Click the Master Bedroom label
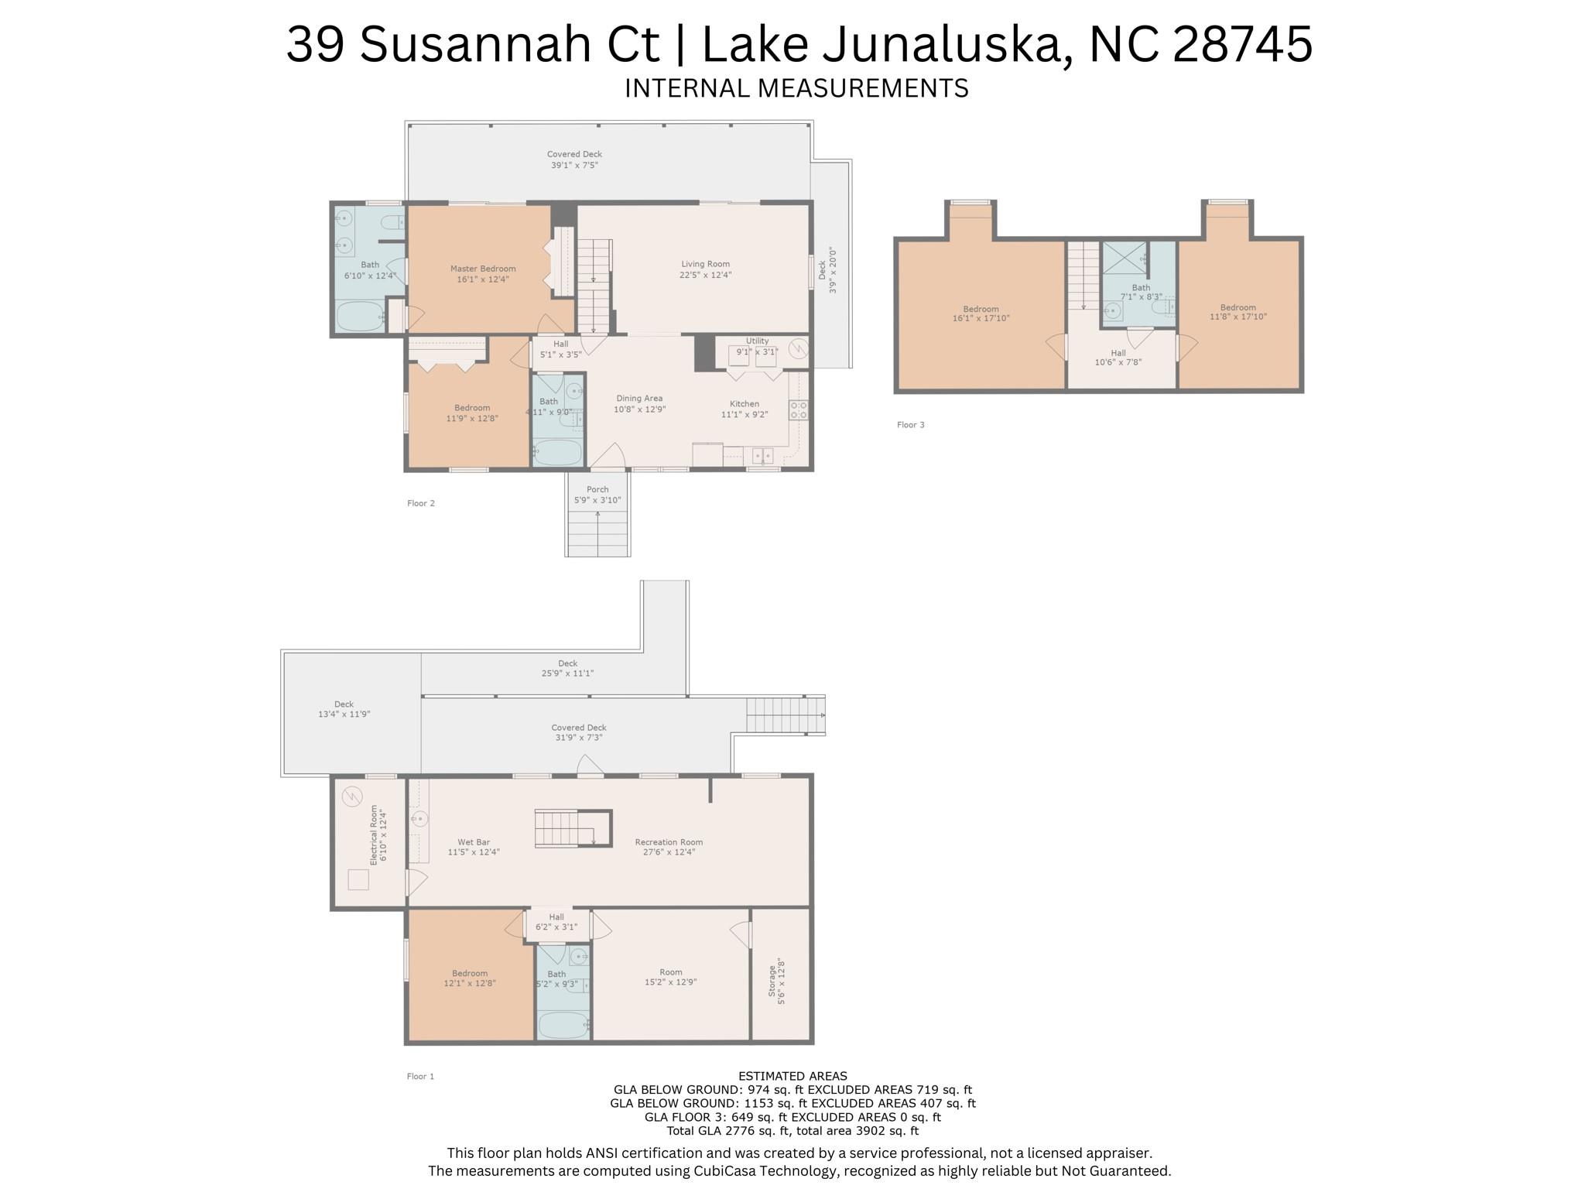pos(483,269)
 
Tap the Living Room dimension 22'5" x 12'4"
pos(705,275)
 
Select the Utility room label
pos(757,341)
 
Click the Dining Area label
pos(639,399)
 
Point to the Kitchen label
pos(744,404)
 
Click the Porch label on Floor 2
pos(597,490)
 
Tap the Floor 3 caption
pos(910,425)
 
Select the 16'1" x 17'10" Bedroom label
pos(981,309)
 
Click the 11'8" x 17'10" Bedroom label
pos(1238,307)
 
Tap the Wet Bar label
pos(474,842)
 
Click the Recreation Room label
pos(669,842)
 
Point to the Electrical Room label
pos(374,835)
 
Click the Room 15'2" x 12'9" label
pos(671,972)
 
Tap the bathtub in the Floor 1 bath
pos(563,1025)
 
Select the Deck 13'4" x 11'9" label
pos(344,705)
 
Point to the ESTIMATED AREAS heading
pos(792,1076)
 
